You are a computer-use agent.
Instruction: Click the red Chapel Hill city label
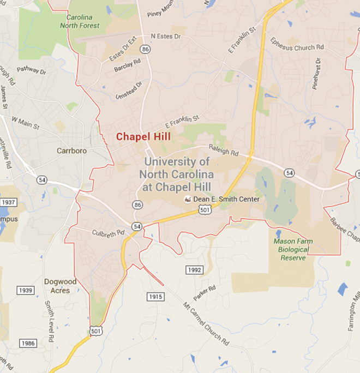(x=143, y=137)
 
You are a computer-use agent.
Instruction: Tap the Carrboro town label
(x=71, y=151)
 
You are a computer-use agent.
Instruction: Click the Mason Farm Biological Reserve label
(x=293, y=249)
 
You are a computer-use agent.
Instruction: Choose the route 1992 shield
(x=194, y=270)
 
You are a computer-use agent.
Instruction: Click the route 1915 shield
(x=155, y=296)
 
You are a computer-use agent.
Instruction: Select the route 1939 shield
(x=26, y=290)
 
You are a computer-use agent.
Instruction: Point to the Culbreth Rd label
(x=108, y=232)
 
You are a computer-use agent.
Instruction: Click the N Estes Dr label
(x=165, y=37)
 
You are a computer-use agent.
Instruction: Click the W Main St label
(x=26, y=122)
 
